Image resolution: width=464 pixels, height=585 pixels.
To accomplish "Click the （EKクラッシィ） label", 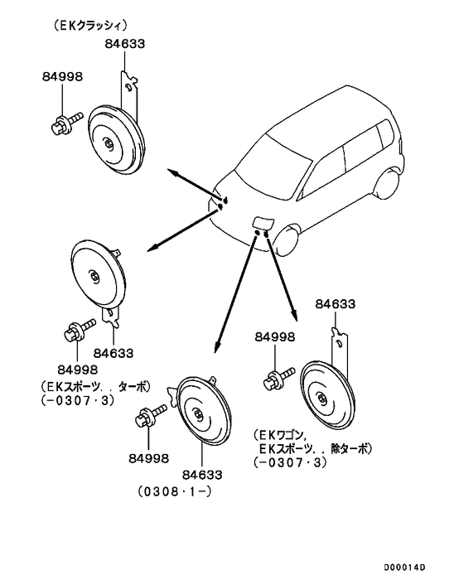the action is [89, 26].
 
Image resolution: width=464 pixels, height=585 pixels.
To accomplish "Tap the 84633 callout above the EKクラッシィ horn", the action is [124, 44].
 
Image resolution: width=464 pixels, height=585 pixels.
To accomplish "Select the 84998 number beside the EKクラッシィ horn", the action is [62, 76].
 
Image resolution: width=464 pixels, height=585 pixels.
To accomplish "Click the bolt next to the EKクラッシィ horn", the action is [66, 123].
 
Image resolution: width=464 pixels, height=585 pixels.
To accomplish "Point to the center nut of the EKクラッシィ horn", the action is [109, 143].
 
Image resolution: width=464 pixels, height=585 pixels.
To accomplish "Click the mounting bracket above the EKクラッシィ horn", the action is [128, 96].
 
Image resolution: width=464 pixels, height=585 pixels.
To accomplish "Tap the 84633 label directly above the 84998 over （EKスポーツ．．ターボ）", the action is [113, 353].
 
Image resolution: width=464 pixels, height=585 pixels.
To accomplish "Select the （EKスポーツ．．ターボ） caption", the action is [95, 386].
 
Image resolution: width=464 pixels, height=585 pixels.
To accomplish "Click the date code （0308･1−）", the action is [175, 491].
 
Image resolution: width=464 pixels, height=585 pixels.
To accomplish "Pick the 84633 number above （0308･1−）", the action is [202, 475].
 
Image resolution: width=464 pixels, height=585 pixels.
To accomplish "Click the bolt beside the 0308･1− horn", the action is [151, 416].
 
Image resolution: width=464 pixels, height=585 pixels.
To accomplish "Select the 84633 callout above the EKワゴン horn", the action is [336, 304].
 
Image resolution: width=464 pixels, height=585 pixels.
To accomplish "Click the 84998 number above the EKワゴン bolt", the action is [275, 337].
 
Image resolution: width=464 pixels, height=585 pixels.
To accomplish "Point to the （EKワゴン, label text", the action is [280, 435].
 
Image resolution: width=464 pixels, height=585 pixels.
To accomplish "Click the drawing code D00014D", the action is [404, 568].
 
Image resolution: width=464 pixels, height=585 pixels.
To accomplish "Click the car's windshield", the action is [273, 162].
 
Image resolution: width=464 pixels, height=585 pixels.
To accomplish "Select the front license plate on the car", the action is [263, 223].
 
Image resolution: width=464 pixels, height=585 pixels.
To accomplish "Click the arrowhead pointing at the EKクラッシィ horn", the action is [172, 172].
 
